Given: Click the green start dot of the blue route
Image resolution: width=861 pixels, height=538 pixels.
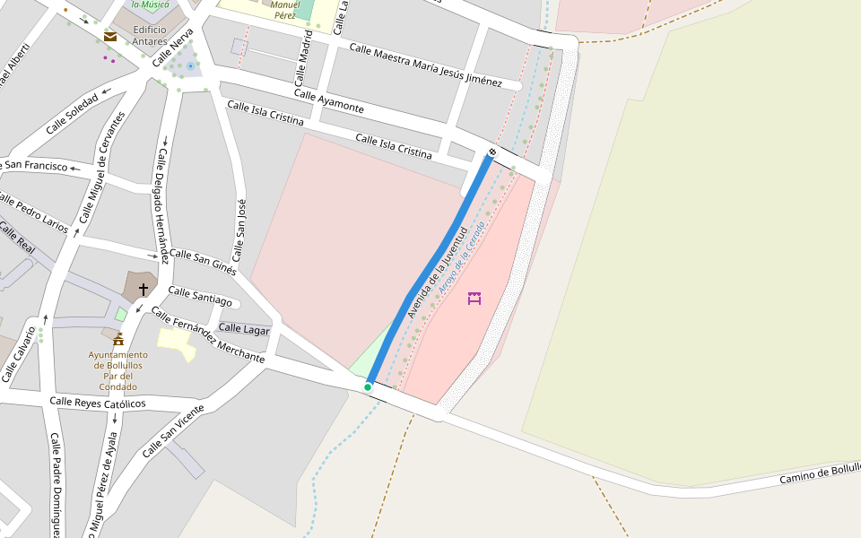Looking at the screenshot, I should click(x=368, y=386).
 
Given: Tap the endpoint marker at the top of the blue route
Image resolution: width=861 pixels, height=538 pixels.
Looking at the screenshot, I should click(x=491, y=152).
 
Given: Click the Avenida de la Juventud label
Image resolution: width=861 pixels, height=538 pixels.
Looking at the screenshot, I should click(x=439, y=272).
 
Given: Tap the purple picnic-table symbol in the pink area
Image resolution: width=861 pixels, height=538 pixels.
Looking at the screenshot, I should click(x=474, y=298).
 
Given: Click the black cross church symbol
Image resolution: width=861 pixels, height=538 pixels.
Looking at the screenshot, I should click(x=143, y=289).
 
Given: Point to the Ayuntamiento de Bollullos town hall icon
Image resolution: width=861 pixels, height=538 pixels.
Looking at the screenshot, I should click(x=117, y=339).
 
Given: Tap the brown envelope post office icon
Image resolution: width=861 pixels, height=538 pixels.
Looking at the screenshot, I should click(x=110, y=37).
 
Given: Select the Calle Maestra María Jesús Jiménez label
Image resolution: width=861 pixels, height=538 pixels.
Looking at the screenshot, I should click(x=425, y=65).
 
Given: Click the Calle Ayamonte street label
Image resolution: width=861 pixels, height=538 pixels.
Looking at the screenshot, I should click(x=329, y=101).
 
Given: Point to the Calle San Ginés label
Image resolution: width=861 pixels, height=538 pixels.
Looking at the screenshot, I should click(x=203, y=262).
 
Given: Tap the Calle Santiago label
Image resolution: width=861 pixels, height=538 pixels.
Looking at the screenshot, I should click(x=199, y=297).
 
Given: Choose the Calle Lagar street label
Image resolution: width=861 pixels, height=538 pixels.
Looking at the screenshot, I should click(x=244, y=330).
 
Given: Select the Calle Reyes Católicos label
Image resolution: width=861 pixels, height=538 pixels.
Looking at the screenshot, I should click(x=98, y=403).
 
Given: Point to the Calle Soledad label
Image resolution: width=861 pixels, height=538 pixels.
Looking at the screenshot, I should click(x=72, y=114).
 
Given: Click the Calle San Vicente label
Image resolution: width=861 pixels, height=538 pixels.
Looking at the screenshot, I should click(x=174, y=431).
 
